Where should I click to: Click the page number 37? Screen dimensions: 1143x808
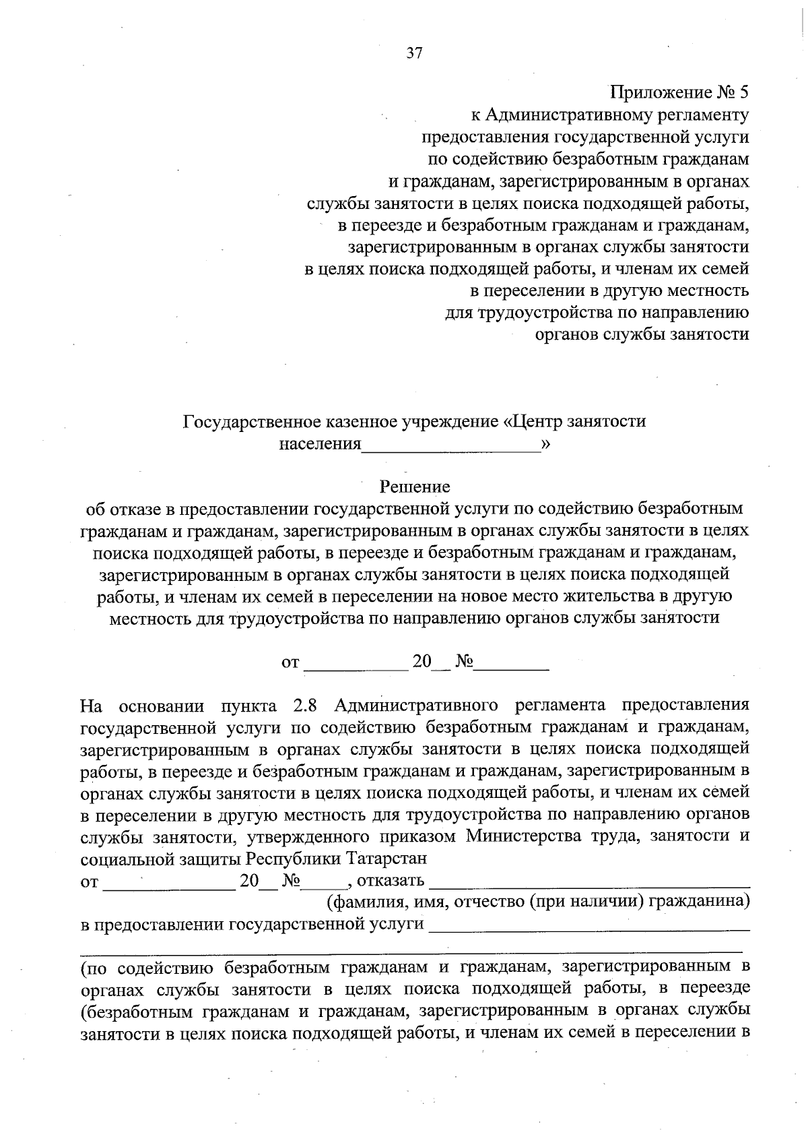tap(414, 54)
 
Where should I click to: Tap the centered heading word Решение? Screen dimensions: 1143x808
tap(415, 486)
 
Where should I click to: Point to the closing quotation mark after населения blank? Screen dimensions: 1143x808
tap(545, 443)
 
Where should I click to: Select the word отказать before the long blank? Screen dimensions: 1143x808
tap(391, 881)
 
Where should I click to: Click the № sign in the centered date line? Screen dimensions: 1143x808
tap(465, 662)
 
